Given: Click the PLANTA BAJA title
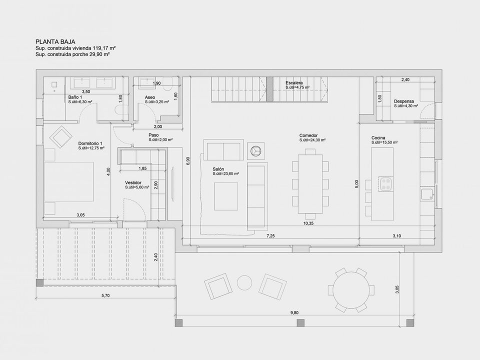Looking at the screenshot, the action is coord(55,41).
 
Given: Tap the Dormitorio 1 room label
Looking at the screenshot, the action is coord(90,143).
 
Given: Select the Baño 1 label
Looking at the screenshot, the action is coord(75,97).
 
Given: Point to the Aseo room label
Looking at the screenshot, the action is coord(150,97).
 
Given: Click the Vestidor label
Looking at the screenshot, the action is coord(133,183).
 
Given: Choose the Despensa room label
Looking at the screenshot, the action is coord(404,101).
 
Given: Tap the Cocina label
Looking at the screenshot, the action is coord(378,138).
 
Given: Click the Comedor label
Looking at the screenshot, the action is coord(308,135).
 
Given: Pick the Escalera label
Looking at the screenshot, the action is coord(294,83).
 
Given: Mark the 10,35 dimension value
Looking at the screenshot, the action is coord(308,223).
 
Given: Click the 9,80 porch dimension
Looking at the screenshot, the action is coord(294,313).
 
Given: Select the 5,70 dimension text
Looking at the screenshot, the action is coord(105,295).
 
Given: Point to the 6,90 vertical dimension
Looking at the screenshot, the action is coord(188,161).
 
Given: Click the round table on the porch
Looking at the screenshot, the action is coord(351,290).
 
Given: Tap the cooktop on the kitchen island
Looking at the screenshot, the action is coord(385,184).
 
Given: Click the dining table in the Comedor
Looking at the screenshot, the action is coord(310,184).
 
